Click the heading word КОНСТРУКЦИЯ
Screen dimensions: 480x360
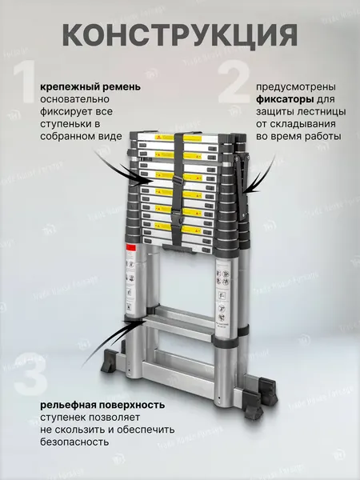click(179, 35)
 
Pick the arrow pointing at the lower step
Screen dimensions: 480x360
click(108, 326)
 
